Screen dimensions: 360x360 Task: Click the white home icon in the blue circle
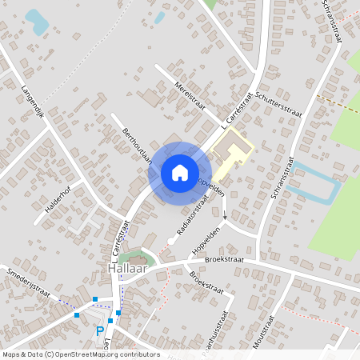point(180,173)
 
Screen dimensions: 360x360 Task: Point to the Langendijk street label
point(37,100)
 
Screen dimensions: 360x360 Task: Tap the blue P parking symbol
point(100,331)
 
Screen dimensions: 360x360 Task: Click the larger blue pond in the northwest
point(36,22)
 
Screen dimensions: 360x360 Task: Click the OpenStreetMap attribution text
point(80,354)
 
